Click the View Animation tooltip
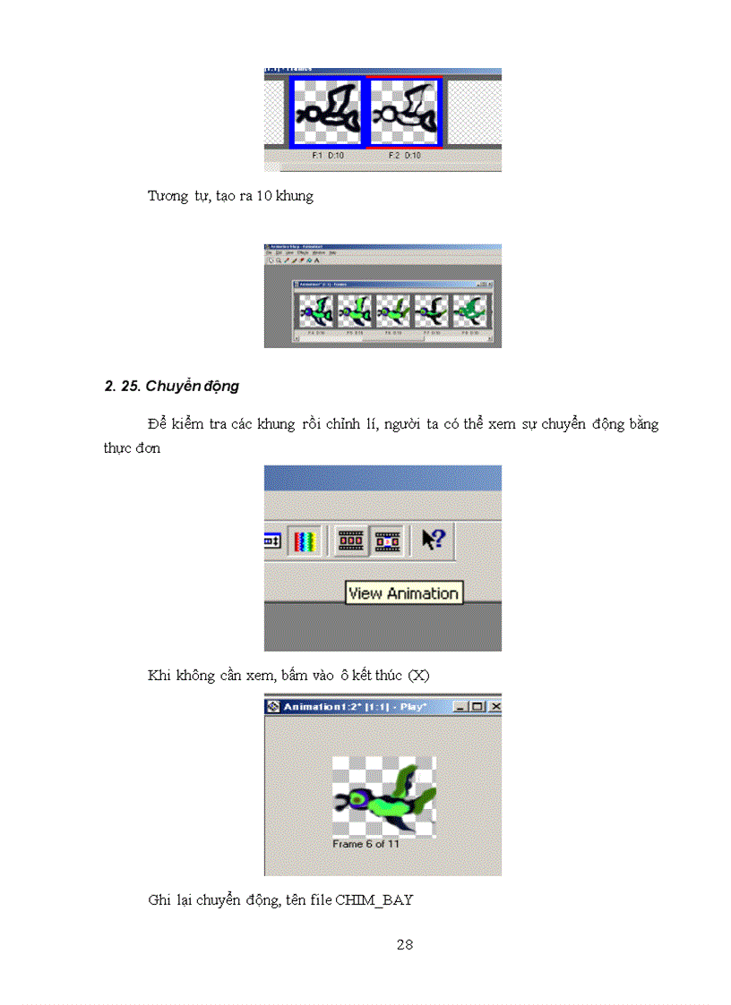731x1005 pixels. (x=403, y=592)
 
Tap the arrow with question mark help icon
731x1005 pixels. (x=434, y=541)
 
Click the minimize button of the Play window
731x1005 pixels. (x=460, y=707)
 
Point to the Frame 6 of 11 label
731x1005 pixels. (x=365, y=844)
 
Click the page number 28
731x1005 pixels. (x=404, y=944)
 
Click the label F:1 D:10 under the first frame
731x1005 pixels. (x=327, y=155)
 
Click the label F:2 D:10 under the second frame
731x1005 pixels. (x=405, y=155)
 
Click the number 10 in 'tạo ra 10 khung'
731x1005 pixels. (x=264, y=196)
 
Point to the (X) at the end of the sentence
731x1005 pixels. (x=418, y=676)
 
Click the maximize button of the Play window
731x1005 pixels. (x=477, y=707)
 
